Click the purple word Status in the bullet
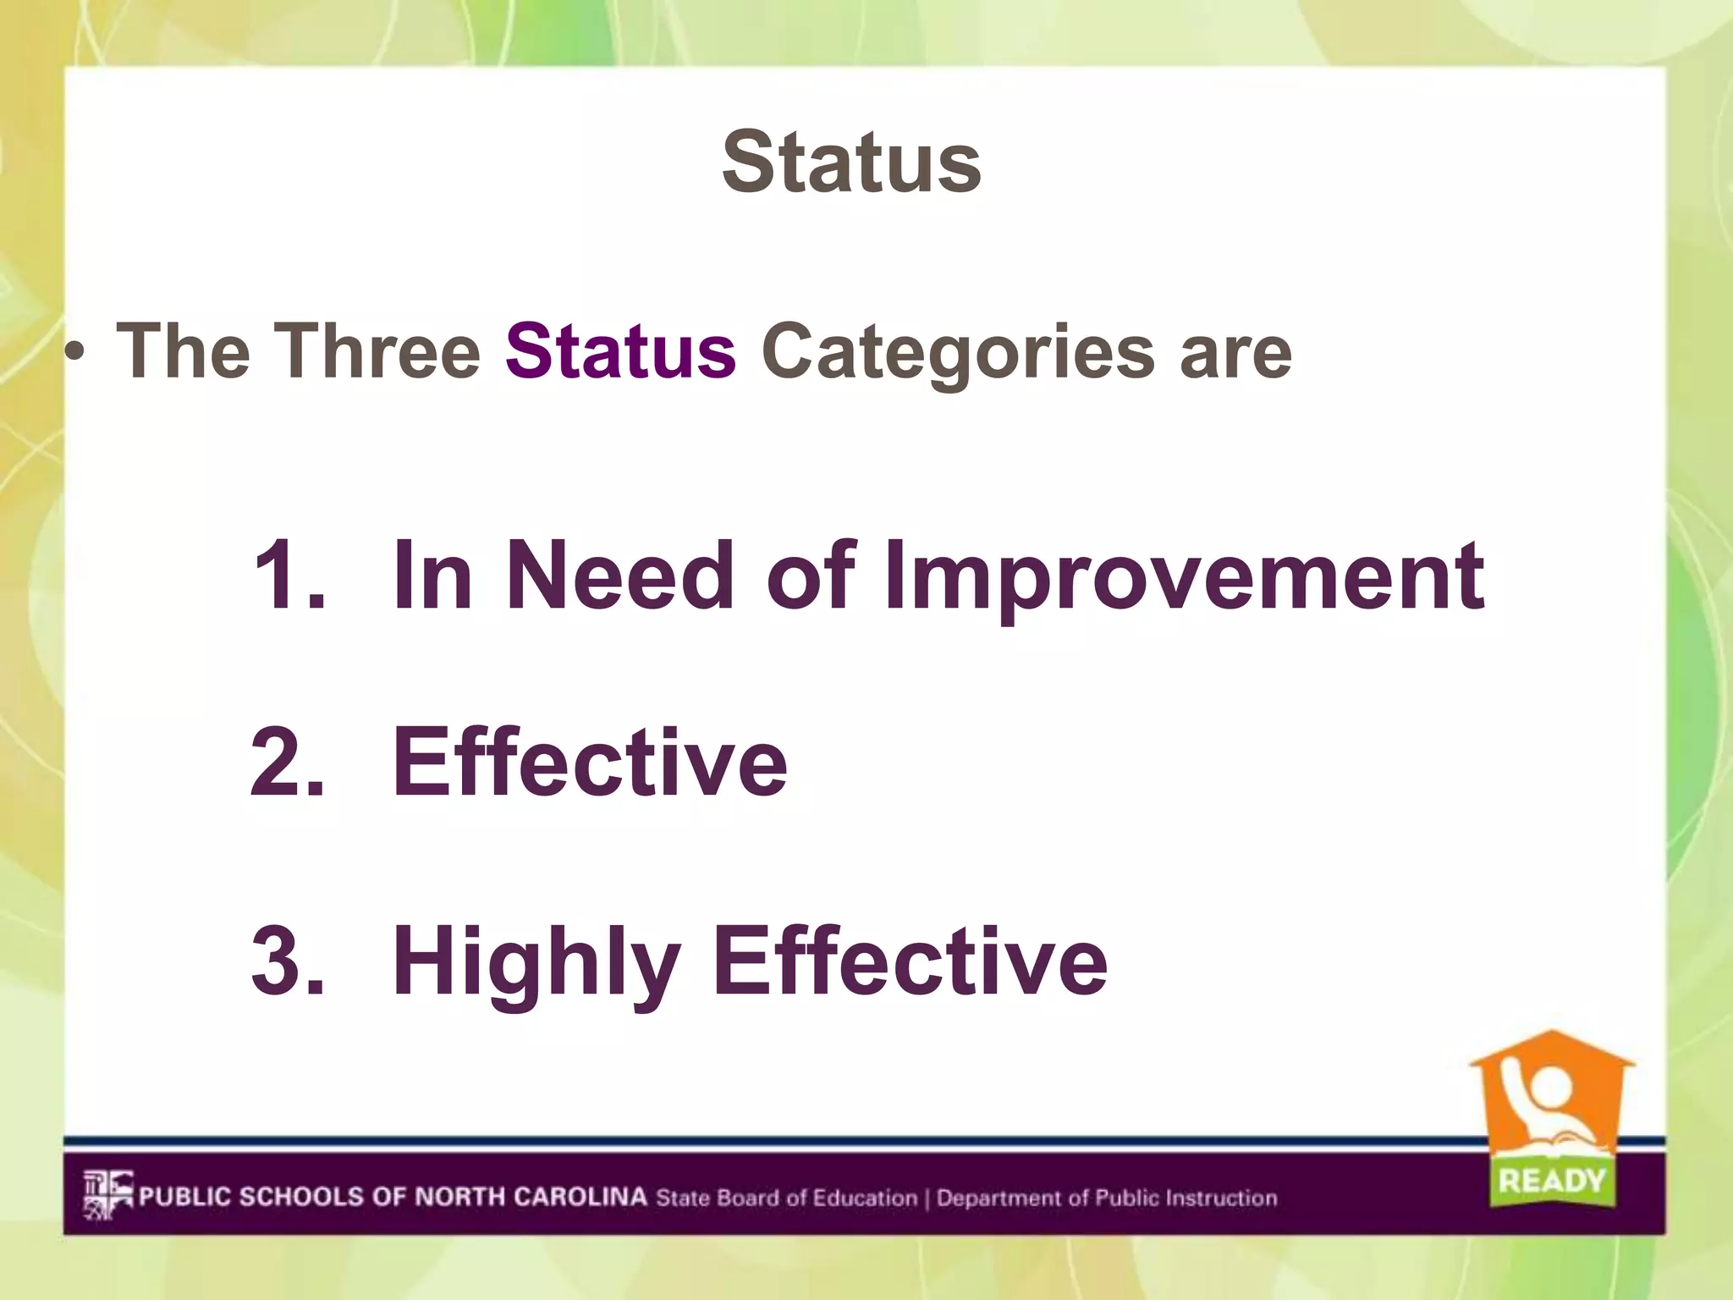pyautogui.click(x=620, y=350)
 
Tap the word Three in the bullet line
pyautogui.click(x=377, y=350)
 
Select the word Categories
pyautogui.click(x=957, y=352)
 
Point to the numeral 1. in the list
pyautogui.click(x=287, y=576)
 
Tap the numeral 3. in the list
pyautogui.click(x=287, y=960)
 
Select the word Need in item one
pyautogui.click(x=620, y=576)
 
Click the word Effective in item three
pyautogui.click(x=910, y=960)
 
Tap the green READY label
pyautogui.click(x=1551, y=1180)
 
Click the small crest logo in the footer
pyautogui.click(x=107, y=1195)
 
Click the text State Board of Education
pyautogui.click(x=786, y=1198)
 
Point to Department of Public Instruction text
pyautogui.click(x=1106, y=1198)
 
